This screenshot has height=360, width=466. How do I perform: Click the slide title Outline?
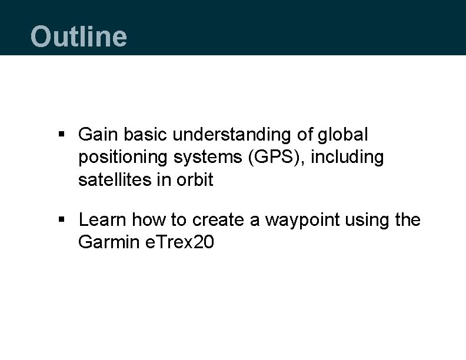coord(78,36)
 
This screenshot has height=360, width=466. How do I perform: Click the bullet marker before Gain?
coord(62,136)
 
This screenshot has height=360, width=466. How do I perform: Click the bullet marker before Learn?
coord(62,221)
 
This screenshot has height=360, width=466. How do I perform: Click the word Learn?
coord(103,220)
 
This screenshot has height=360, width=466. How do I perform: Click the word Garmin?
coord(108,242)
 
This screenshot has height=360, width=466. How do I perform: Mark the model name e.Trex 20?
coord(179,242)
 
